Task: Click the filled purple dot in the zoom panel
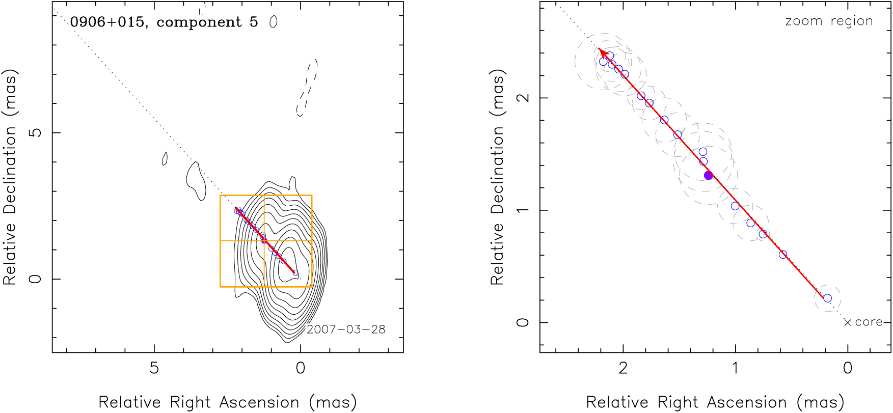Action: [x=708, y=175]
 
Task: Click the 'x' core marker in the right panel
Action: [x=848, y=322]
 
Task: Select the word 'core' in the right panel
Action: [x=869, y=322]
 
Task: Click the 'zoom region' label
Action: [x=829, y=21]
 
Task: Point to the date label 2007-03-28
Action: [x=346, y=329]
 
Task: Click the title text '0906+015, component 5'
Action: [x=164, y=22]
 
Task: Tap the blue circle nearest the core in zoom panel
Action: [x=827, y=298]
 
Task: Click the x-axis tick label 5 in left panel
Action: [x=154, y=368]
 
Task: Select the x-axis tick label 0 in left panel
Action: [x=301, y=368]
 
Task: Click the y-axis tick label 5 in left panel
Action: [x=35, y=132]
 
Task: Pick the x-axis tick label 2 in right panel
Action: [x=623, y=368]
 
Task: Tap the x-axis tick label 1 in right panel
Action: [x=735, y=368]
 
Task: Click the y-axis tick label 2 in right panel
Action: [x=523, y=98]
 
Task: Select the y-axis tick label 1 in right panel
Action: [x=523, y=210]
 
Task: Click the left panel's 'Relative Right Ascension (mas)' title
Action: [x=228, y=402]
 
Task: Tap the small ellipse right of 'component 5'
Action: [x=274, y=22]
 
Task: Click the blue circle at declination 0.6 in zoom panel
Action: [x=783, y=255]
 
